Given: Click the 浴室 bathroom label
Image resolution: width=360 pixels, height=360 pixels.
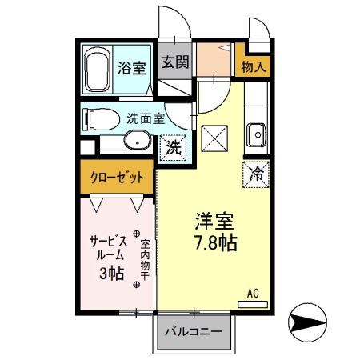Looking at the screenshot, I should click(x=131, y=66).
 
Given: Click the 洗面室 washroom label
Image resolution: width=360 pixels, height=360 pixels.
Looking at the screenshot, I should click(x=146, y=117).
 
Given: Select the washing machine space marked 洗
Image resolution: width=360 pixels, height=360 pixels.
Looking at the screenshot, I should click(x=173, y=146).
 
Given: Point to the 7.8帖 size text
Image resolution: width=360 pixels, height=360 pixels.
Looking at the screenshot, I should click(x=214, y=241).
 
